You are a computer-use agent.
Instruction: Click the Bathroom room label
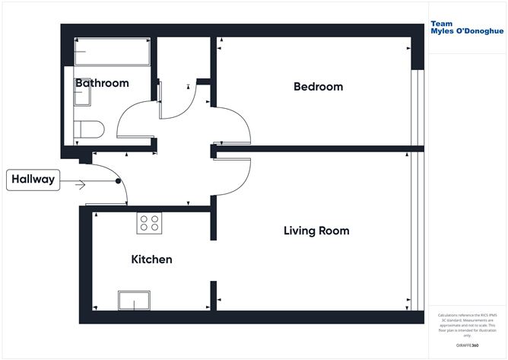point(101,83)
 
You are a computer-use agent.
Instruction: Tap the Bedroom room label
point(318,87)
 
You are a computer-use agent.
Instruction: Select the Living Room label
point(316,231)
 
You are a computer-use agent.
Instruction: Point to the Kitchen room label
point(151,260)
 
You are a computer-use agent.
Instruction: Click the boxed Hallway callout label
point(32,180)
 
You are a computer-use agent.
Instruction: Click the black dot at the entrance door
point(118,181)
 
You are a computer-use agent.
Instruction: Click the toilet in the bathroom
point(88,129)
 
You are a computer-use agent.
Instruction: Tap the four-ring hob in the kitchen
point(149,223)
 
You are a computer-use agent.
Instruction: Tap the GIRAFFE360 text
point(465,346)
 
